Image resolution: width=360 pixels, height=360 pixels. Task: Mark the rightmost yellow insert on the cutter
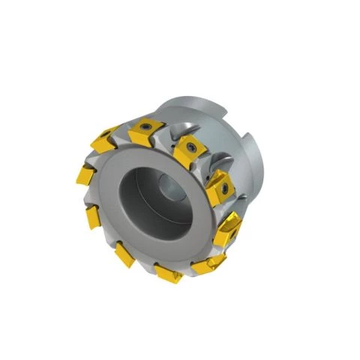(x=226, y=231)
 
